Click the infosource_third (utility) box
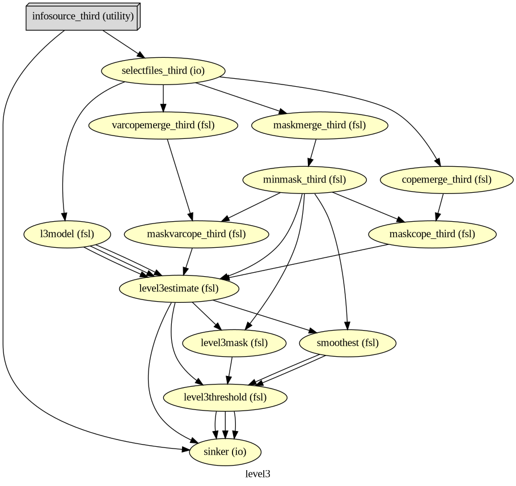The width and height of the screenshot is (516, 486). [x=83, y=16]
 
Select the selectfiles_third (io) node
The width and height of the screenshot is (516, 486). [x=163, y=71]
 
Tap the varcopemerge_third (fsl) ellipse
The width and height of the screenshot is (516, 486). [x=163, y=125]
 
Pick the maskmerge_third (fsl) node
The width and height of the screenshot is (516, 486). [x=320, y=125]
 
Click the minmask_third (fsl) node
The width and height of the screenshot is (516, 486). [x=304, y=180]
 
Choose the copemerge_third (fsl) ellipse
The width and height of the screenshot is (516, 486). [x=447, y=180]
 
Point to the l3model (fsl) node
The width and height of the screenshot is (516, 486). [x=67, y=234]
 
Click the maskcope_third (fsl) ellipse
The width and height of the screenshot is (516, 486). [x=432, y=234]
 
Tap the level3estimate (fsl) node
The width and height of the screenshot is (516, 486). [x=179, y=289]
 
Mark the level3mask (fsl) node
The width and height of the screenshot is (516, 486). [x=235, y=343]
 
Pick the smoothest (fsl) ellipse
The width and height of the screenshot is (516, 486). [x=348, y=343]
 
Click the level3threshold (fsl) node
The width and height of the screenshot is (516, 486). [x=225, y=397]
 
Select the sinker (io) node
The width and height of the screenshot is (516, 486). [x=225, y=452]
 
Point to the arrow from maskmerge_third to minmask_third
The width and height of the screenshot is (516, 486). [x=312, y=153]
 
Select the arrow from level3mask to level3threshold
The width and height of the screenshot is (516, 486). [x=230, y=370]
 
